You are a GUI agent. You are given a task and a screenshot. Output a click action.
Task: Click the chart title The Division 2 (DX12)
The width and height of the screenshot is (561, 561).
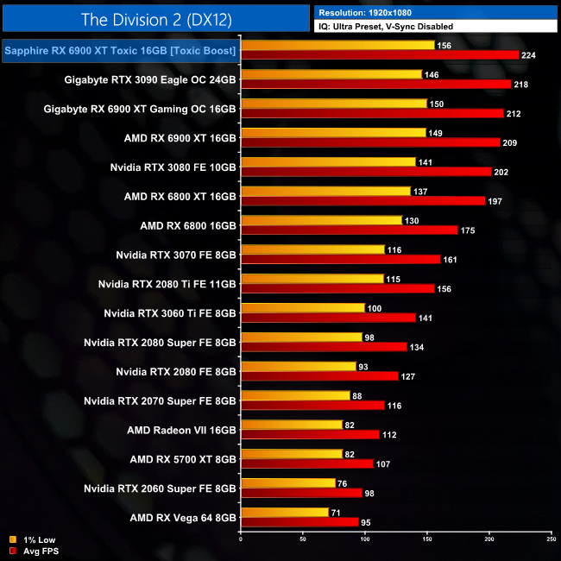155,19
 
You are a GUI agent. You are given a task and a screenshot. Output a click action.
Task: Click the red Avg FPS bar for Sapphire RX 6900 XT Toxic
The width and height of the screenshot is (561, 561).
380,54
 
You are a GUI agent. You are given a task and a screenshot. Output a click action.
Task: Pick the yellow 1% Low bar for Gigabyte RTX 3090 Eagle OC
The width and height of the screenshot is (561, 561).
331,75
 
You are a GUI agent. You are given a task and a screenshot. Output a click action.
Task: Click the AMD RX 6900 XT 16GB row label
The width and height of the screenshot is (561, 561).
180,136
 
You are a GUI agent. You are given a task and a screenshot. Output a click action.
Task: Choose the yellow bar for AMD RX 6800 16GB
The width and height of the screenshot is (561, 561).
322,220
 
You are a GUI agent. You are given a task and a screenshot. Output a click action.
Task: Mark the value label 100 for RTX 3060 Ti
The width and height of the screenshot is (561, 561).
375,309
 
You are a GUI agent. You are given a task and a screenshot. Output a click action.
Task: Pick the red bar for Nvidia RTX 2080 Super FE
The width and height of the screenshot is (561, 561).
324,347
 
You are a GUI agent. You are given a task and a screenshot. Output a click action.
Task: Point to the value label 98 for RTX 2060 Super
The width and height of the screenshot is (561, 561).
369,494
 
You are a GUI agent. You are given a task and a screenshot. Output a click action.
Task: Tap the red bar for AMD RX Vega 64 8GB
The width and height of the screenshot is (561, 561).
299,522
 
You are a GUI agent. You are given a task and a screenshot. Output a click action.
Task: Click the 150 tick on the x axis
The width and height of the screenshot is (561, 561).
426,540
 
